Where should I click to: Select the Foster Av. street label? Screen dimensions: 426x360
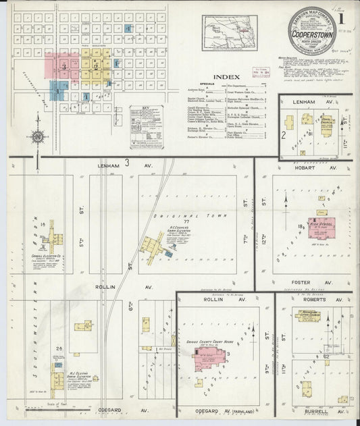(x=308, y=282)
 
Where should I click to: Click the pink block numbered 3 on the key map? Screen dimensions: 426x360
(x=62, y=66)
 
